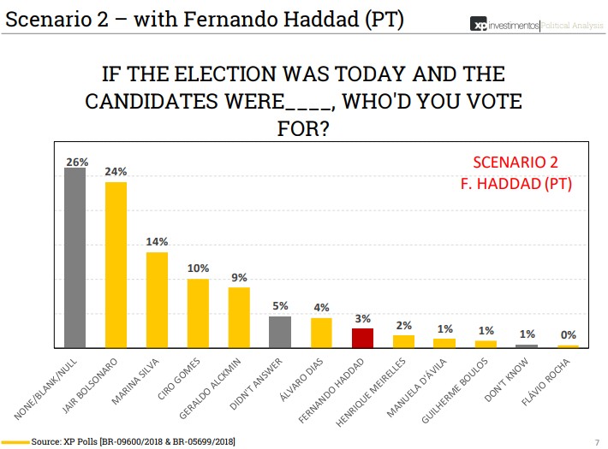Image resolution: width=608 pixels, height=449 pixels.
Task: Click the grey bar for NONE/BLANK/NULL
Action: click(x=75, y=257)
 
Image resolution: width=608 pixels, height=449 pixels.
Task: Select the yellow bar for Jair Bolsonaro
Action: click(x=116, y=264)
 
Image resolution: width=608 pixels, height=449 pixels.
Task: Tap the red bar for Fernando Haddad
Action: click(x=362, y=338)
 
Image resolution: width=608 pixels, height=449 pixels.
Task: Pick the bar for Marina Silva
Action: click(x=157, y=299)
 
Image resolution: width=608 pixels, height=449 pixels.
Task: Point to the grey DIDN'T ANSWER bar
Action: click(x=280, y=332)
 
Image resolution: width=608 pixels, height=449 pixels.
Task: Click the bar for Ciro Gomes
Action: click(x=198, y=313)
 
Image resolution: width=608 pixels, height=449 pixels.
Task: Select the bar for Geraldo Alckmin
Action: click(x=239, y=317)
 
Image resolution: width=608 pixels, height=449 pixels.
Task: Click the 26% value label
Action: click(x=75, y=160)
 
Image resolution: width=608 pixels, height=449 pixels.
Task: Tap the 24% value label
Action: click(x=116, y=172)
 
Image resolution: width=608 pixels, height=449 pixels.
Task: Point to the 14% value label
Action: click(x=157, y=243)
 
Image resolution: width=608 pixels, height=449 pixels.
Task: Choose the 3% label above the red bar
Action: click(x=362, y=318)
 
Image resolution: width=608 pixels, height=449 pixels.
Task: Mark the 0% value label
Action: click(x=568, y=335)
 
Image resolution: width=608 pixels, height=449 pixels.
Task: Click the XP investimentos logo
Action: click(x=505, y=27)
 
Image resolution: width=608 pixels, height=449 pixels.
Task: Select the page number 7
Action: click(x=596, y=441)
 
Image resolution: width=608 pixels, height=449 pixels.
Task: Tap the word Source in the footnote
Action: click(x=45, y=441)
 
